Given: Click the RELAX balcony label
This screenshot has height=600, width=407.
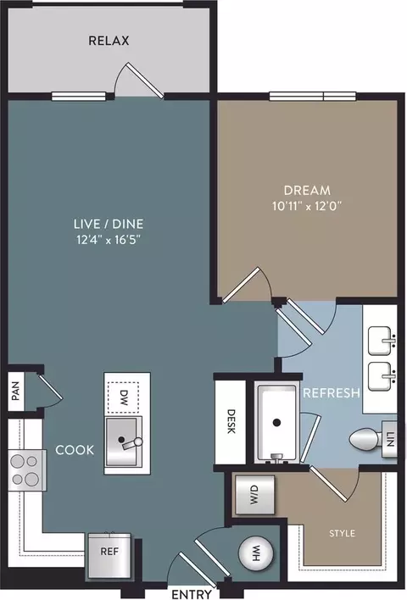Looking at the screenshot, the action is coord(109,41).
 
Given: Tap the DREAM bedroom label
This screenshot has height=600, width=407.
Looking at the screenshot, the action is coord(307,190).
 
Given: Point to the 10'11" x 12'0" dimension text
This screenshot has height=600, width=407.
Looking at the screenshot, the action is coord(307,206).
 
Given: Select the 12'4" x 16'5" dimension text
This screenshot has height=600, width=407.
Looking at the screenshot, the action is coord(109,240).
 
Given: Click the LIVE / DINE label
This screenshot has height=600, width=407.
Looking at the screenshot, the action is coord(109,224).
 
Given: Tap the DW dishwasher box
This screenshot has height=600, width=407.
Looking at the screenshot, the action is coord(123,397).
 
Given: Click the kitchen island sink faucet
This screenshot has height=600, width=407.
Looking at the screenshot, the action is coord(131,443).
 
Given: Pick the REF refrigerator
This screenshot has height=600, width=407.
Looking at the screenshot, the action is coord(109,556).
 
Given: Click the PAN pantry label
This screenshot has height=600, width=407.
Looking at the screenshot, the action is coord(16,392).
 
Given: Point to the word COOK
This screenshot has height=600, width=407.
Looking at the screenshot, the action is coord(75,450).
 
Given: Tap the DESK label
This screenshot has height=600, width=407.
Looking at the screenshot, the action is coord(231,421).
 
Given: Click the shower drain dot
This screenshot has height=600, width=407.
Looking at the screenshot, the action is coord(276,423).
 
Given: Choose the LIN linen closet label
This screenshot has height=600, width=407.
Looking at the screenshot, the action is coord(390,439).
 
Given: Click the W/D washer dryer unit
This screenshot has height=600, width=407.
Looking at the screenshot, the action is coord(254,494).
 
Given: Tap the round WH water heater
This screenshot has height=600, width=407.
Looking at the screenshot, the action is coord(256,553).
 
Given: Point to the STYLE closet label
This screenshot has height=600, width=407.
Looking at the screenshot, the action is coord(343,533).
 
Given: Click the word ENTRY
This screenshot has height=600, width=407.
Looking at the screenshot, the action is coord(192,594).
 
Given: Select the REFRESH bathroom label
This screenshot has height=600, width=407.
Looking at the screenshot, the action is coord(332,393).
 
